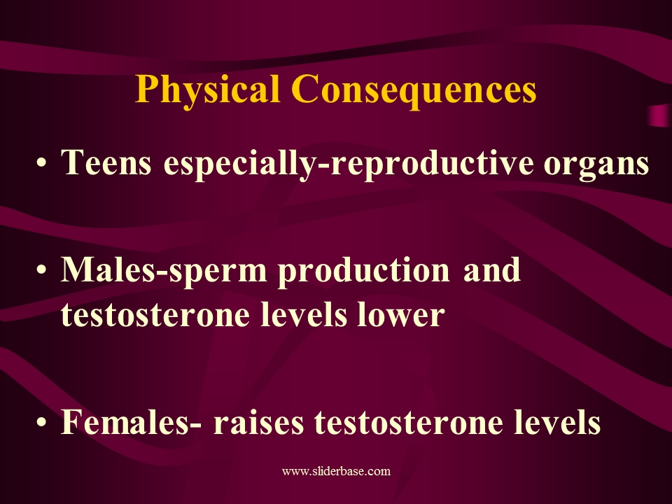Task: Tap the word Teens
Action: click(x=106, y=162)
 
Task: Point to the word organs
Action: click(x=596, y=165)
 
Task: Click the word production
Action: click(x=364, y=272)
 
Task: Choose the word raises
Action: click(x=259, y=422)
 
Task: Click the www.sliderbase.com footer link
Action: click(x=337, y=471)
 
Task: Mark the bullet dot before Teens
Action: click(x=41, y=164)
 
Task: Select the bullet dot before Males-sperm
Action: click(x=41, y=270)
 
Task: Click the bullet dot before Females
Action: click(x=41, y=422)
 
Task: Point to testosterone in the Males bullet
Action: click(x=155, y=315)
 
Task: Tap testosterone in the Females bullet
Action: click(x=409, y=422)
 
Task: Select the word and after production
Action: click(x=492, y=270)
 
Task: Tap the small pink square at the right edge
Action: click(x=659, y=115)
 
